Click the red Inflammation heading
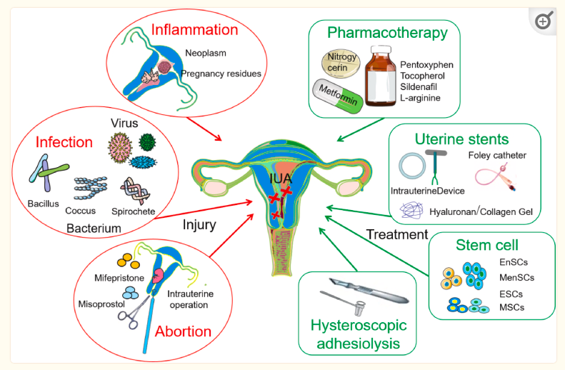point(194,30)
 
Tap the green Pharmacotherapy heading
point(387,33)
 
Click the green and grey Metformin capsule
point(335,96)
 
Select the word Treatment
point(396,234)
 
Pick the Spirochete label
point(133,211)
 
